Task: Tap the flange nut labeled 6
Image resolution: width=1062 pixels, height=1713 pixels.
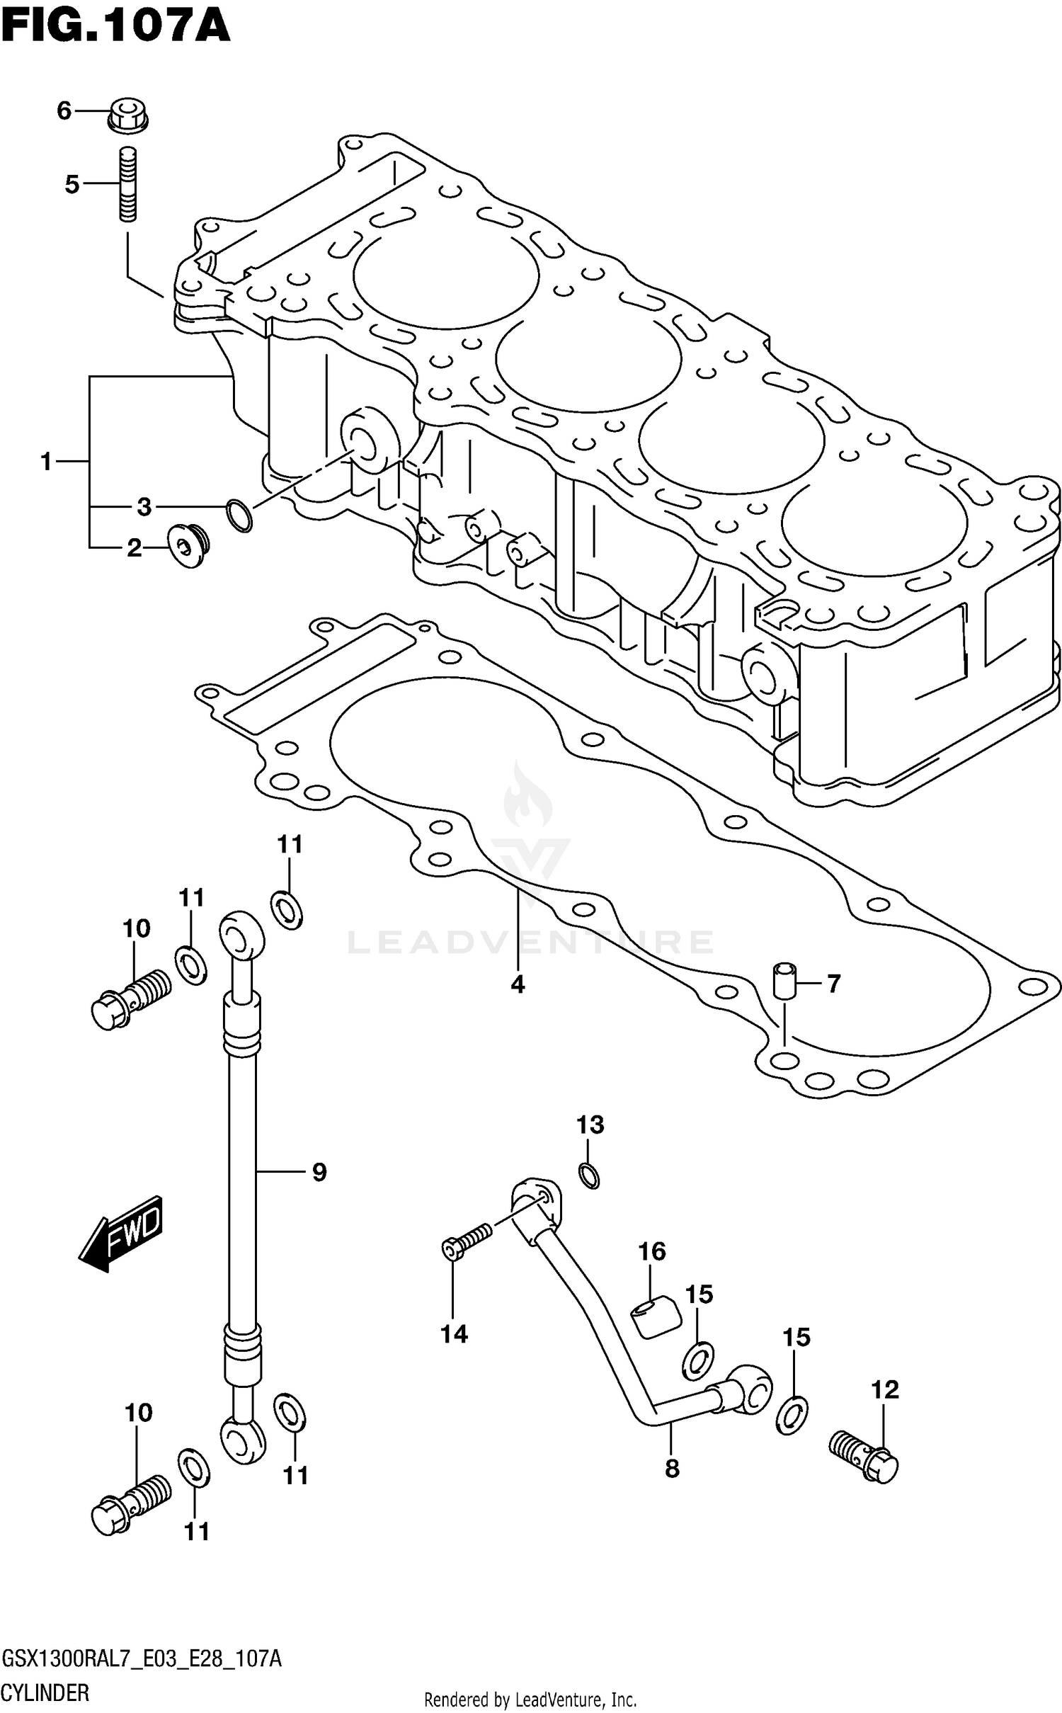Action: [x=127, y=116]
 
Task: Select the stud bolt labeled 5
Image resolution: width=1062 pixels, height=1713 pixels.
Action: [x=127, y=184]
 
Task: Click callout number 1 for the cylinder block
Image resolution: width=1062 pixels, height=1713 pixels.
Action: [x=47, y=462]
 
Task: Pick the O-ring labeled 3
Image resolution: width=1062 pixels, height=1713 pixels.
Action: [x=239, y=516]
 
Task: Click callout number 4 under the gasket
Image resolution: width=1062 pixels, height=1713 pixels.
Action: [x=518, y=984]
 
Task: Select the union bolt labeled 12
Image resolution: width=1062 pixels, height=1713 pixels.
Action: [x=863, y=1455]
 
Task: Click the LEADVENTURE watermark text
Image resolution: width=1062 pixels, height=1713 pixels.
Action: [x=530, y=942]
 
